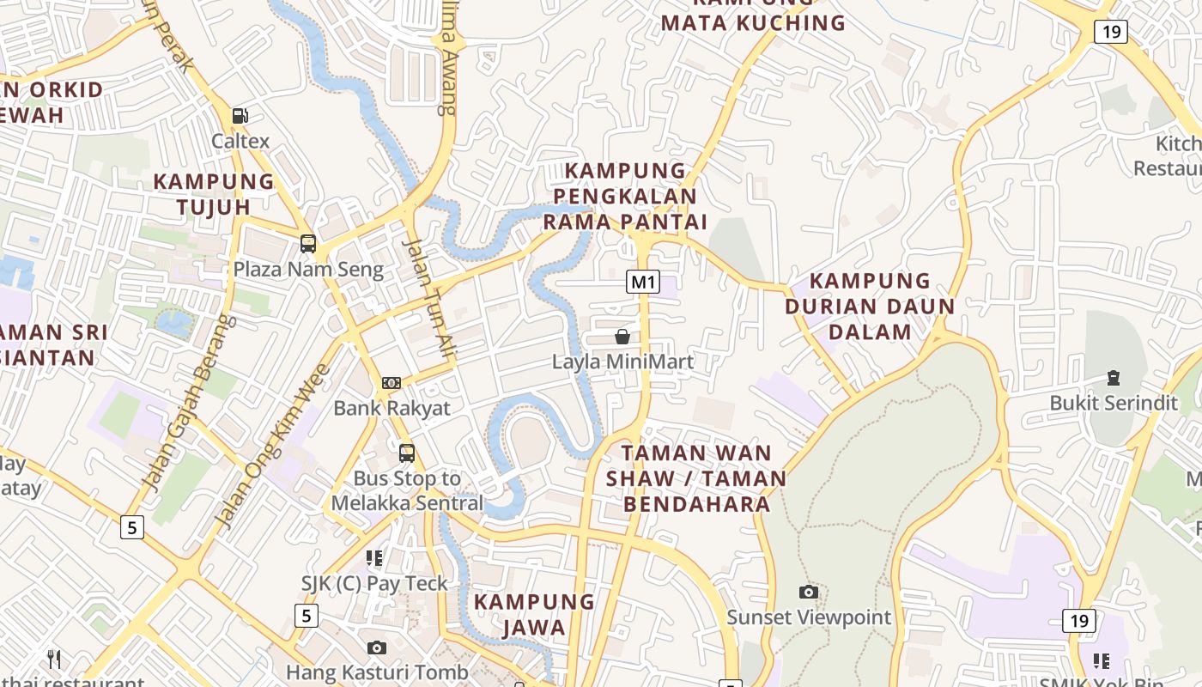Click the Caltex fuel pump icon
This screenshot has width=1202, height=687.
(x=240, y=116)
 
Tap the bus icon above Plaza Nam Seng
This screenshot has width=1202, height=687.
(x=308, y=244)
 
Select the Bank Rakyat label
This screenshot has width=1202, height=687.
(x=392, y=408)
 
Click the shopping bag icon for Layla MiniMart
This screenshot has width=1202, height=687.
(x=622, y=337)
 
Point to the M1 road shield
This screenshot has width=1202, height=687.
(x=642, y=282)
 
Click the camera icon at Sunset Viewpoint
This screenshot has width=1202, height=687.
(x=808, y=592)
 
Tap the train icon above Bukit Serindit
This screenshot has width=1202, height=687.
(x=1113, y=377)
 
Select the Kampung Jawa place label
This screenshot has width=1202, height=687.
(x=534, y=614)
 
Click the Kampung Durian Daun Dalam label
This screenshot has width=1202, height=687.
(x=870, y=307)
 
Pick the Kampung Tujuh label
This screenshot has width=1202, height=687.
(x=214, y=194)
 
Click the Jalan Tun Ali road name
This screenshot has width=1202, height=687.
(x=428, y=296)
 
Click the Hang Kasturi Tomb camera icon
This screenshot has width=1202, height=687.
(x=376, y=647)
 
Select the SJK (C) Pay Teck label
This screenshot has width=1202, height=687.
(x=374, y=584)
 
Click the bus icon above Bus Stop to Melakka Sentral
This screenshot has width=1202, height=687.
(x=407, y=453)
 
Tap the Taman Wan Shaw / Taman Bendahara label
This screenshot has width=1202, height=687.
(x=696, y=477)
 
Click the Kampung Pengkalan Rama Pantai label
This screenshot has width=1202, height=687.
(x=625, y=197)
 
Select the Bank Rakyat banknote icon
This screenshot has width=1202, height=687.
(x=391, y=383)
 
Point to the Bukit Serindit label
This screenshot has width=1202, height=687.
(x=1114, y=403)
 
